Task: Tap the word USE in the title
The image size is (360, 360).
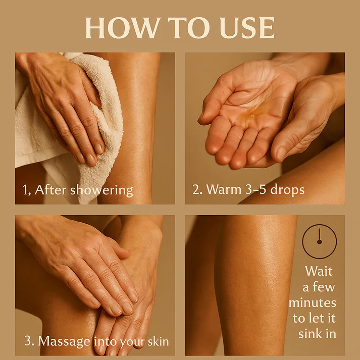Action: [x=247, y=28]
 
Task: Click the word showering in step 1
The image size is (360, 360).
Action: [x=101, y=190]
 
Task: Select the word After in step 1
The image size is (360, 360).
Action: [x=50, y=190]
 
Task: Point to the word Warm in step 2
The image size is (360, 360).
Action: [x=224, y=190]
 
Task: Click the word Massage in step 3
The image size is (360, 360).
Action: [x=64, y=342]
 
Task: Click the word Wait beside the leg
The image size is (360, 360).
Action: [x=319, y=271]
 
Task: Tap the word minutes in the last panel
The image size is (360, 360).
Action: [x=313, y=302]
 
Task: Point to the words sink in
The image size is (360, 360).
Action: [x=317, y=334]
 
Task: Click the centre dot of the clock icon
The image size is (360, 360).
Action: [x=320, y=241]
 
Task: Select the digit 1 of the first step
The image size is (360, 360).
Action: [x=25, y=190]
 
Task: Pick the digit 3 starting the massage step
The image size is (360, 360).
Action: [x=27, y=341]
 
